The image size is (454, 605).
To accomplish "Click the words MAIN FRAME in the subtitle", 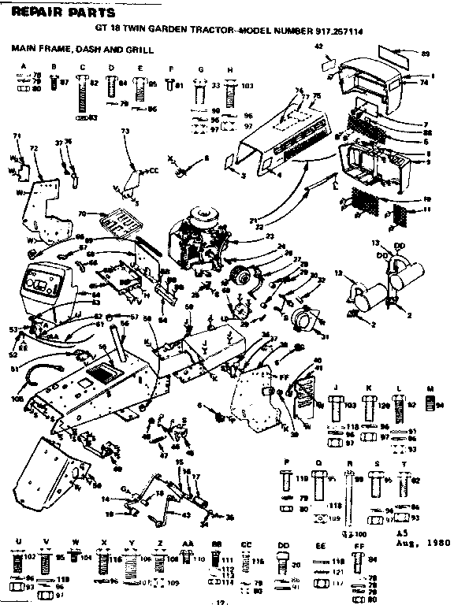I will click(x=35, y=49).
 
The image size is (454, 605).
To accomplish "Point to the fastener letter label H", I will click(x=229, y=69).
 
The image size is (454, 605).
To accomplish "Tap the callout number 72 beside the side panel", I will click(x=33, y=147).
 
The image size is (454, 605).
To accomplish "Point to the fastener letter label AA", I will click(x=188, y=543).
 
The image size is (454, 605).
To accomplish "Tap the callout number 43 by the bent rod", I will click(x=186, y=515).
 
